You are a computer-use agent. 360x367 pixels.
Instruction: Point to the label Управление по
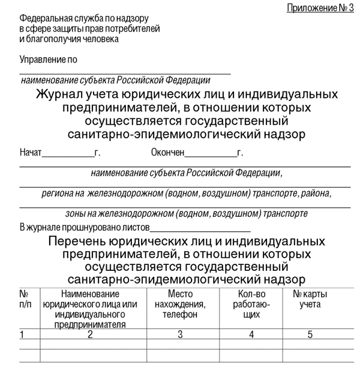pos(49,60)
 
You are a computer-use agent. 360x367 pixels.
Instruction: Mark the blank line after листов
pos(200,230)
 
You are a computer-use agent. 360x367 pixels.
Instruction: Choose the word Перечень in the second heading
pos(78,241)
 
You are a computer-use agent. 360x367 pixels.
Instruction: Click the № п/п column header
pos(25,299)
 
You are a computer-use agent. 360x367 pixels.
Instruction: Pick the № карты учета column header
pos(310,299)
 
